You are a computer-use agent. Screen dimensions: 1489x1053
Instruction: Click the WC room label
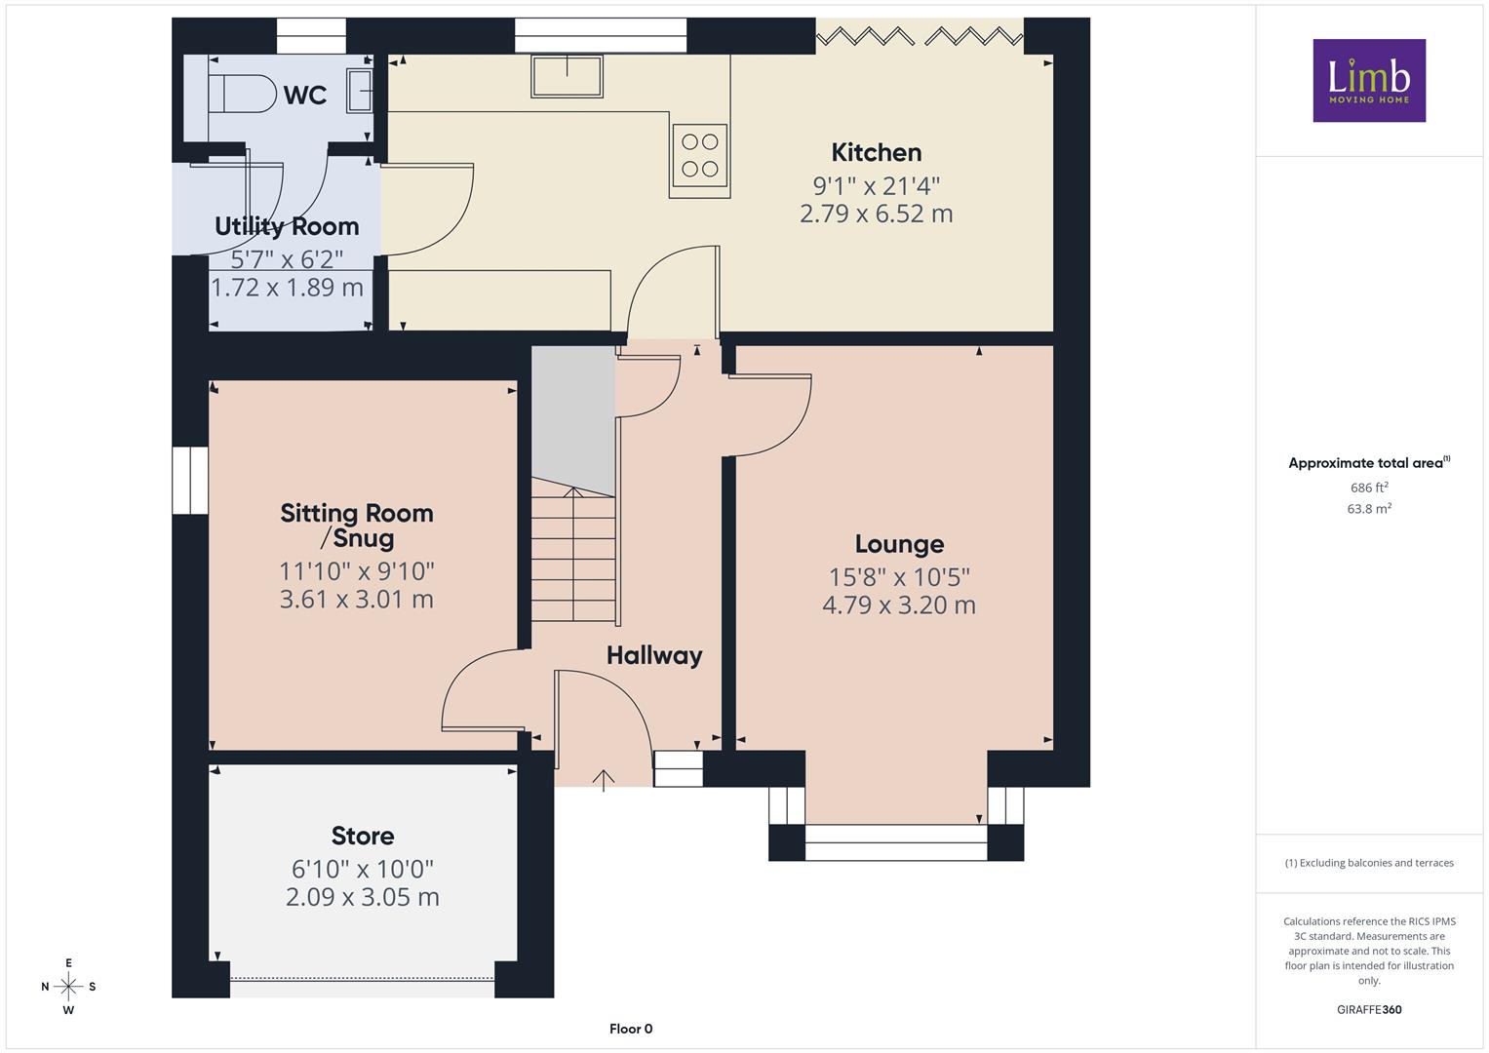tap(305, 96)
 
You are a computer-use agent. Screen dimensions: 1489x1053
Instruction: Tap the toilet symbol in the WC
tap(243, 93)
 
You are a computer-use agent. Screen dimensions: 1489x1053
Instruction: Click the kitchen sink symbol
tap(567, 76)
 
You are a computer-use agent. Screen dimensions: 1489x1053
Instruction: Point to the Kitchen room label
tap(876, 152)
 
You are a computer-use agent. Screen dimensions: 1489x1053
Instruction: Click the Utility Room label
tap(287, 226)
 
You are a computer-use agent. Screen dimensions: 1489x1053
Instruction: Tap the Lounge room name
tap(899, 544)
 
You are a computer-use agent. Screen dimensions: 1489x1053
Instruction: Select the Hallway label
tap(654, 656)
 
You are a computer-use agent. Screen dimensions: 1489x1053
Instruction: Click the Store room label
tap(363, 836)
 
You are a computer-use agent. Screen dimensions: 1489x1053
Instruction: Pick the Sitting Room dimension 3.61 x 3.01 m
tap(356, 600)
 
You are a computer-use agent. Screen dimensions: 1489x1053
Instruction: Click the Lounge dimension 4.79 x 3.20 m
tap(899, 604)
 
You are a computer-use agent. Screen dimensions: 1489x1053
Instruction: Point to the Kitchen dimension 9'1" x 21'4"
tap(876, 185)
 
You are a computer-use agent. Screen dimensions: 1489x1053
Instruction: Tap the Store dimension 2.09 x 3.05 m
tap(363, 897)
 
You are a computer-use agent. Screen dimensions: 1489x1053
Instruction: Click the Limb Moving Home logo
tap(1369, 80)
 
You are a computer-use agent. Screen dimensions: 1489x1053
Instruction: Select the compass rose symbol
tap(68, 987)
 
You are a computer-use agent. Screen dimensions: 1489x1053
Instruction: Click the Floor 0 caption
tap(631, 1029)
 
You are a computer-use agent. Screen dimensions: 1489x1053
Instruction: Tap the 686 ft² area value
tap(1369, 487)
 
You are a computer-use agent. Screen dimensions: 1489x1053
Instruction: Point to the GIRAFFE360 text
tap(1369, 1009)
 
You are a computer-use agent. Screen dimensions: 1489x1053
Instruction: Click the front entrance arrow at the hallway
tap(603, 780)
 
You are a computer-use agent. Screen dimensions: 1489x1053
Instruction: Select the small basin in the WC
tap(359, 91)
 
